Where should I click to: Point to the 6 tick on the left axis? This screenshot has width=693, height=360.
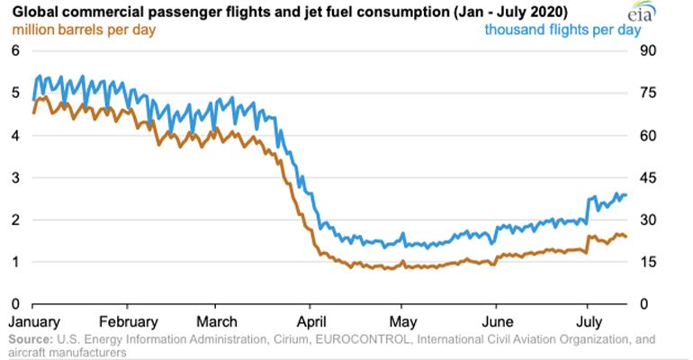14,50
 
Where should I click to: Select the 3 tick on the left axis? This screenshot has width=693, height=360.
14,177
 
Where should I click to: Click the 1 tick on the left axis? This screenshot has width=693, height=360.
14,262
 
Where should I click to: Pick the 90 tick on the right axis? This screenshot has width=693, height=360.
647,50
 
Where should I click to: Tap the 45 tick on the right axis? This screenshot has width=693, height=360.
647,177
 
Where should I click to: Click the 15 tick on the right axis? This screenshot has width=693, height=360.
646,262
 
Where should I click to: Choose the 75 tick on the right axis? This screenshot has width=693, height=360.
647,93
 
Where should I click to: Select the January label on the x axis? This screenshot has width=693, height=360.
33,321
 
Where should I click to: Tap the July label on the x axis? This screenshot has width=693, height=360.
589,321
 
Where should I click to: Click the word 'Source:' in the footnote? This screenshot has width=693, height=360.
31,338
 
